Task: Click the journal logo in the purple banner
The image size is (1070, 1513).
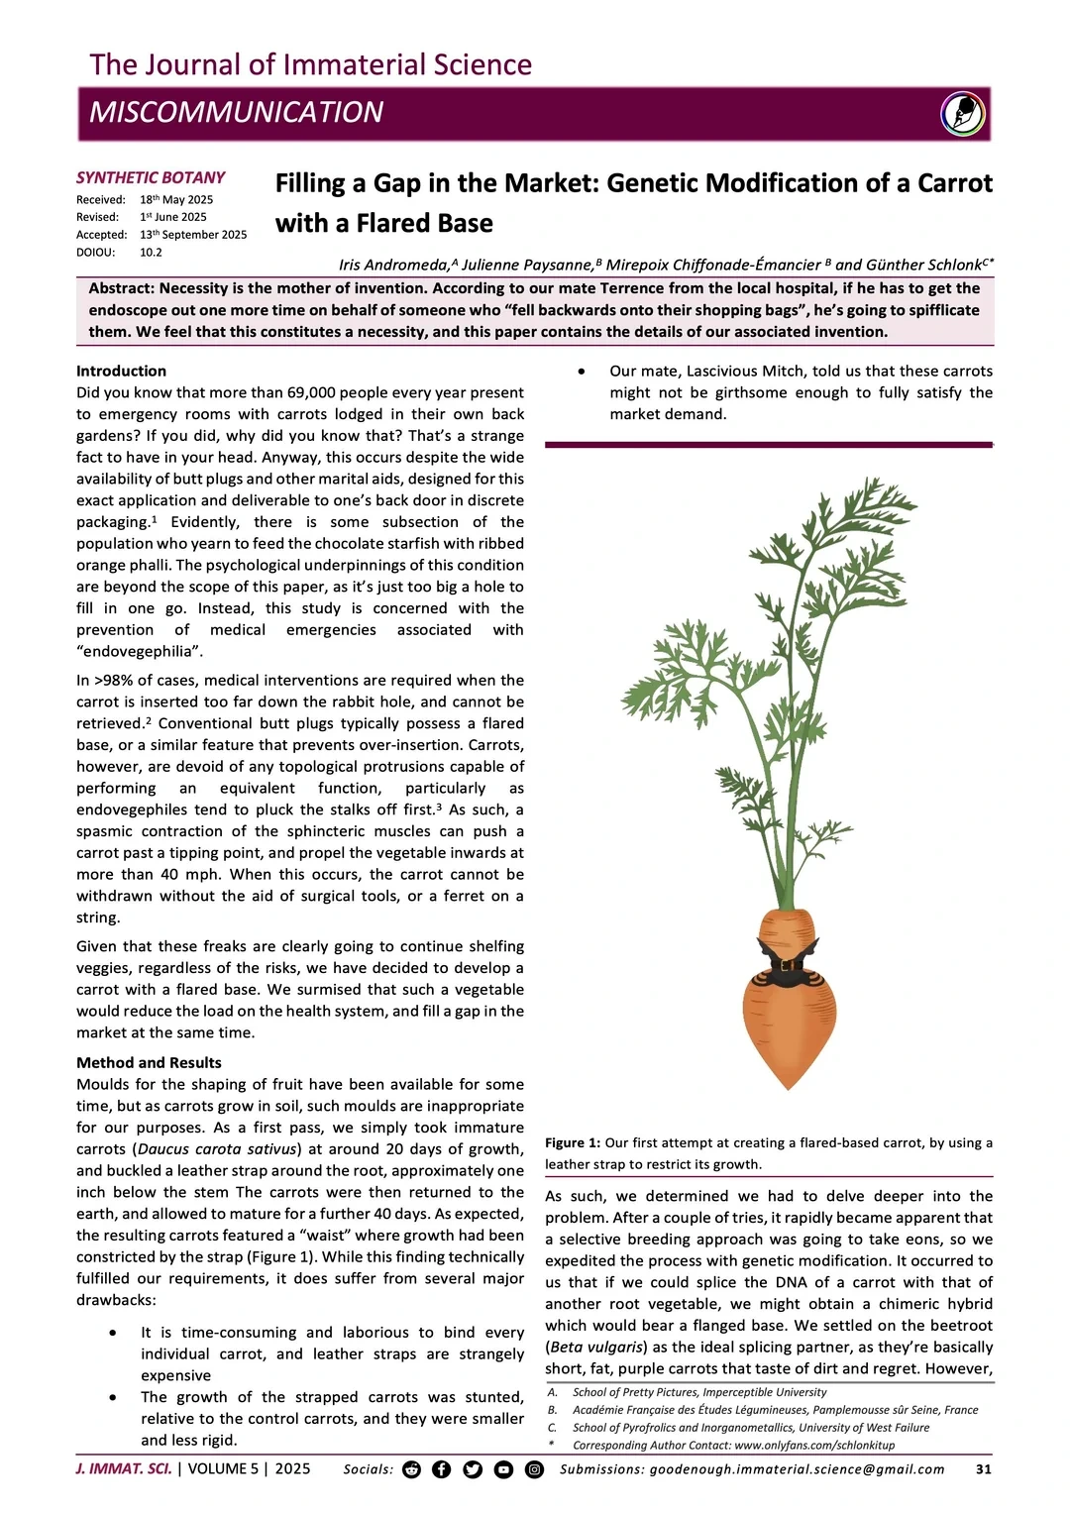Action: (963, 113)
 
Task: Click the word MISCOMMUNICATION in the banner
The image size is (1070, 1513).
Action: (236, 113)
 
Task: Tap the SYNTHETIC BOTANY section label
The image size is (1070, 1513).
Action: (151, 177)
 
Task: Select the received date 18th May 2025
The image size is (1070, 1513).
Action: (176, 199)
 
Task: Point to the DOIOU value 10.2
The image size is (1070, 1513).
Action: (151, 252)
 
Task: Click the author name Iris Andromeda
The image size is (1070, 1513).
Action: (391, 265)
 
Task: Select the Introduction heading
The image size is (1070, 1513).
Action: (121, 371)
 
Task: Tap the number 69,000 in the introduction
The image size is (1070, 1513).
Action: (317, 392)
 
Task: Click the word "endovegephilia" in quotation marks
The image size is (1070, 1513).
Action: (140, 651)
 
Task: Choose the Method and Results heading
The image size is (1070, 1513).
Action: (149, 1062)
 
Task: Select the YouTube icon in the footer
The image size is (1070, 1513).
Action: (503, 1469)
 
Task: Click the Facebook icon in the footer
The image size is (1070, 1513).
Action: (442, 1469)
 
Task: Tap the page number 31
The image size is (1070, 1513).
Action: (983, 1469)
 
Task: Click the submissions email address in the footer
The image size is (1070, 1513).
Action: (797, 1469)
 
